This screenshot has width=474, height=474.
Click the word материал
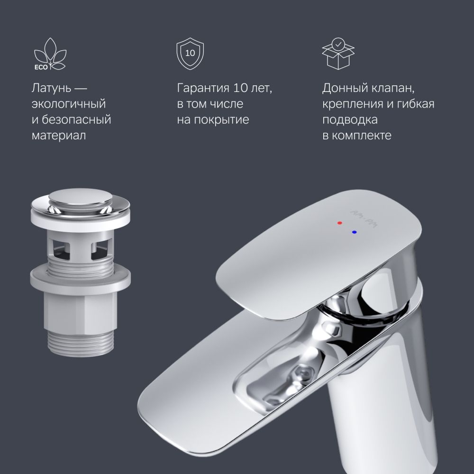pyautogui.click(x=59, y=136)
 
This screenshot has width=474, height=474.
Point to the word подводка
pyautogui.click(x=350, y=119)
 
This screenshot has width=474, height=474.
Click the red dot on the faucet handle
pyautogui.click(x=339, y=222)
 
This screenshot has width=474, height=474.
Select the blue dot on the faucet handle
pyautogui.click(x=354, y=232)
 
